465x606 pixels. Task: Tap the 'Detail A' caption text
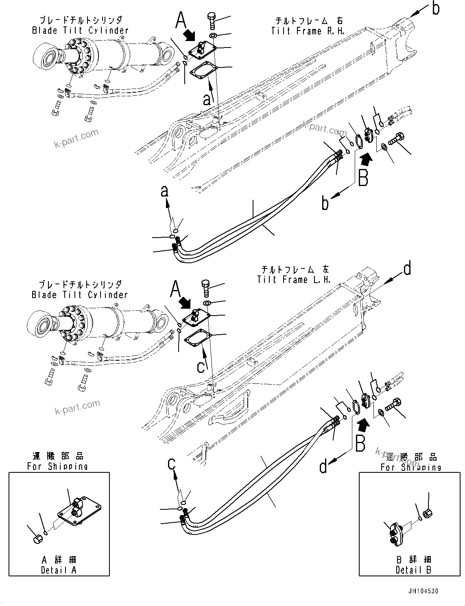[59, 570]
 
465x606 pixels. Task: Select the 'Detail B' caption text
[413, 570]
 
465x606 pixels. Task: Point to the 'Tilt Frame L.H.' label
[294, 279]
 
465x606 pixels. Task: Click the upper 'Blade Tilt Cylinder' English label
[80, 30]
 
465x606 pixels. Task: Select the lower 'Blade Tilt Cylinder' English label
[80, 295]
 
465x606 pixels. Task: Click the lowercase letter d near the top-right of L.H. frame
[407, 269]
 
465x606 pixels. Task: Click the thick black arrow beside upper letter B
[366, 158]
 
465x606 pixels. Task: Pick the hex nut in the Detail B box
[427, 514]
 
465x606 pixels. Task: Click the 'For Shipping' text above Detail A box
[57, 466]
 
